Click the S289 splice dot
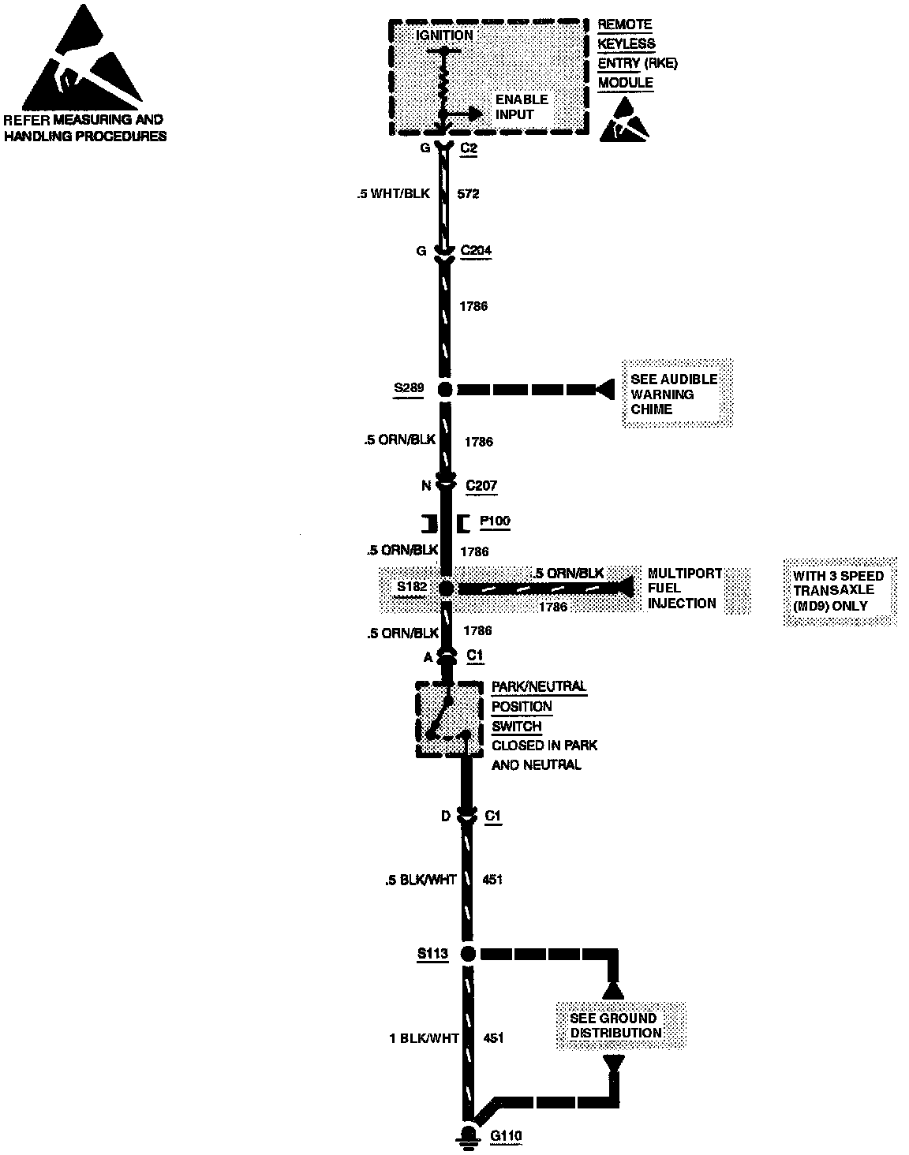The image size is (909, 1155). [445, 389]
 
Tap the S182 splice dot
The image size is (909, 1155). [446, 588]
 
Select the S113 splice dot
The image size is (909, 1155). [468, 953]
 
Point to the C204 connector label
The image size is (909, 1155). [476, 251]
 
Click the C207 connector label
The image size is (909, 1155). [481, 485]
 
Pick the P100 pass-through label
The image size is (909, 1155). [495, 521]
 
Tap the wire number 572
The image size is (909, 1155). [469, 193]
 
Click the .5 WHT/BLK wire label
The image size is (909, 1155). [393, 193]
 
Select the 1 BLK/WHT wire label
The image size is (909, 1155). [424, 1038]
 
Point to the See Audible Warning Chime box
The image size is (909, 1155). [677, 394]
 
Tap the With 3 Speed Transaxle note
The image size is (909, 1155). [840, 591]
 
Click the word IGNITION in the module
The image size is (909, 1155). [444, 36]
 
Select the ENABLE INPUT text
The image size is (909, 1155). [521, 107]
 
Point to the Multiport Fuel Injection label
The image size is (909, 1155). [684, 588]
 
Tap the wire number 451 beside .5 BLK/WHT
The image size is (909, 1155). [493, 880]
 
